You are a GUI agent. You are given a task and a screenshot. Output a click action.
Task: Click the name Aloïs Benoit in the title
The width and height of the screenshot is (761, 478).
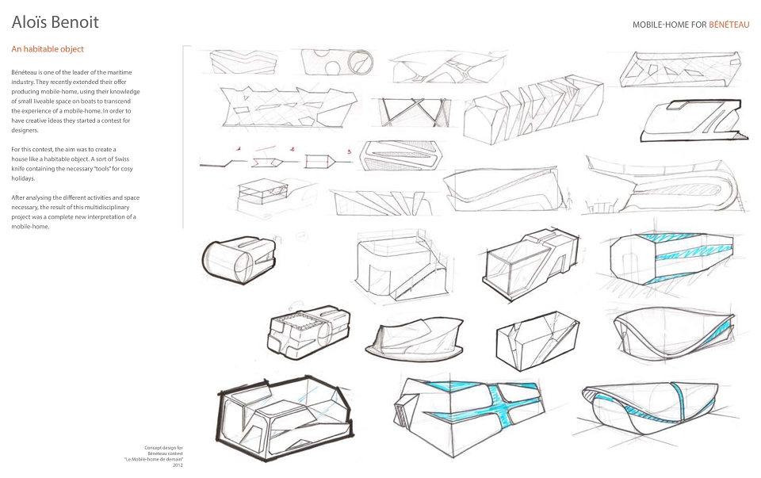click(55, 22)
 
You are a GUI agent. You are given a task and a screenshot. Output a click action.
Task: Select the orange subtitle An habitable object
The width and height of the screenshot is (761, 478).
click(48, 49)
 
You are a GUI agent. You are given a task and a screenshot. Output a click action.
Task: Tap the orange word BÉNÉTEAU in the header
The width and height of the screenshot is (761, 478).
click(728, 25)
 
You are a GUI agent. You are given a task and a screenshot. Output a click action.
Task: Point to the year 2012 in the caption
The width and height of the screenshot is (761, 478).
click(178, 465)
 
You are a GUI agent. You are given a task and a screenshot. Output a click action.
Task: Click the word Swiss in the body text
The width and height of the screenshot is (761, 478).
click(121, 159)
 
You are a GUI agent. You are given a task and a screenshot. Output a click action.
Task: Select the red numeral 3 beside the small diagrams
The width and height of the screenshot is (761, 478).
click(349, 152)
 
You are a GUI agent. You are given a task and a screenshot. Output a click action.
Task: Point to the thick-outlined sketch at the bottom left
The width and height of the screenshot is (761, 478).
click(285, 418)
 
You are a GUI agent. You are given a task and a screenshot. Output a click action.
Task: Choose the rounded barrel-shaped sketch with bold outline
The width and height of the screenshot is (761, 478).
click(239, 260)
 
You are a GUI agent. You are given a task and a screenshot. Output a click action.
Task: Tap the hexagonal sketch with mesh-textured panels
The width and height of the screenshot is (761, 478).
click(401, 156)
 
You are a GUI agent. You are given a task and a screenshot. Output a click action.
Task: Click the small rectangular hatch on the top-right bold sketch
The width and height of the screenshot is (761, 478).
click(680, 105)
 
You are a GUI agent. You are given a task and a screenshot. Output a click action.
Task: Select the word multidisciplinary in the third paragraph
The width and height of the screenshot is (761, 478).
click(105, 207)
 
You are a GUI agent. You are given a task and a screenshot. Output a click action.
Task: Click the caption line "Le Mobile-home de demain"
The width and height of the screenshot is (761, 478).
click(153, 459)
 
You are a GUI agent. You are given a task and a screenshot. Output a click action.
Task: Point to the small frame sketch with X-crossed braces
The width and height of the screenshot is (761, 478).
click(412, 112)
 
